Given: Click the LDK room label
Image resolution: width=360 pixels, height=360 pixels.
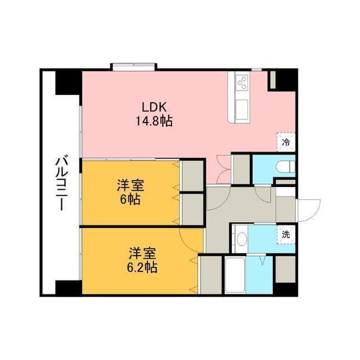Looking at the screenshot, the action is [154, 107].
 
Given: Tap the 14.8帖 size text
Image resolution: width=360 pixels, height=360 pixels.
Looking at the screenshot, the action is [154, 121].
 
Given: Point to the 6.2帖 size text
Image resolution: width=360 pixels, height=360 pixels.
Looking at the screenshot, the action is [142, 267].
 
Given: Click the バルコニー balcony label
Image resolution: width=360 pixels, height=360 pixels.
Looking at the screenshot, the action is [62, 183].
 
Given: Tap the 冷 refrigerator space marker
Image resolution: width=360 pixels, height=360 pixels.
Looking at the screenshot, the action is [286, 142].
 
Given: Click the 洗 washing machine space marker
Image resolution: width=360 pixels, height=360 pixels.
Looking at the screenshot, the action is [286, 235].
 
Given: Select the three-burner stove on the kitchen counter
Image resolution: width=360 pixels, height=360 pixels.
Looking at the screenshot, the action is [242, 83].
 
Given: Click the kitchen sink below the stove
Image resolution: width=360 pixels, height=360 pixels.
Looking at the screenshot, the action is [242, 110].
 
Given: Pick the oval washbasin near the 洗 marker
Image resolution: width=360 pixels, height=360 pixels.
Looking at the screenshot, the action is [241, 239].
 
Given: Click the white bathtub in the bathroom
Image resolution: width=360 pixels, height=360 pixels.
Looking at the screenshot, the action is [235, 275].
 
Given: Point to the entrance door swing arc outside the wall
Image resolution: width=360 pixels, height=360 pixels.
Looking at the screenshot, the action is [309, 210].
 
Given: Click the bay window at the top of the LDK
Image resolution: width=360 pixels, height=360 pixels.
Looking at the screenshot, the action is [134, 67].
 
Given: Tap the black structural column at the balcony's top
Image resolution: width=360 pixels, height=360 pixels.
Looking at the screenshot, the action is [69, 83].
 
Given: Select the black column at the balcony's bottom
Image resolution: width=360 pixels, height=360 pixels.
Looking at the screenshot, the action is [69, 287].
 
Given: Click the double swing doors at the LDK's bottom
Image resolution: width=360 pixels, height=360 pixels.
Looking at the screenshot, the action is [223, 169].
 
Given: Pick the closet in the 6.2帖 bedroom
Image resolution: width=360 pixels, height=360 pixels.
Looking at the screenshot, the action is [211, 275].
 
